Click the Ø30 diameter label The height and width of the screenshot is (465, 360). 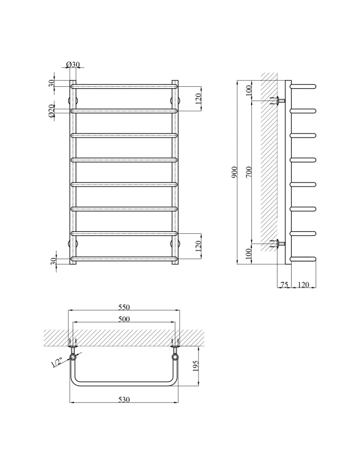73,64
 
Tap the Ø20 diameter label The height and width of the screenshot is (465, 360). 51,111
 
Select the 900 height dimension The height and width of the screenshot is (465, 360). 235,172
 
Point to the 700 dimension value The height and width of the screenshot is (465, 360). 249,172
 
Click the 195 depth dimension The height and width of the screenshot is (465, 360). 196,366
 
